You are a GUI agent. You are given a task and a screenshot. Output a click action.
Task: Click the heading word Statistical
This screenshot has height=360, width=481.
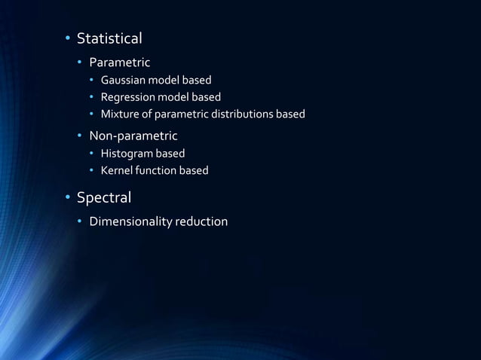[x=109, y=38]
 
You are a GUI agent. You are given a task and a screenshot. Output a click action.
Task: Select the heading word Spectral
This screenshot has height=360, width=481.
[x=104, y=198]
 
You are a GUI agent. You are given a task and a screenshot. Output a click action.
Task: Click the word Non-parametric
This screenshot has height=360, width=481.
[x=133, y=136]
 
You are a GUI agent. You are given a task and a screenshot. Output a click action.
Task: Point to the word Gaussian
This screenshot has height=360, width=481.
[x=124, y=80]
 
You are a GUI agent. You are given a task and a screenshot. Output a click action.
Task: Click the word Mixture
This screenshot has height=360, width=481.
[x=121, y=114]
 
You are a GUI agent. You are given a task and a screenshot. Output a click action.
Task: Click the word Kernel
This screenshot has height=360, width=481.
[x=117, y=171]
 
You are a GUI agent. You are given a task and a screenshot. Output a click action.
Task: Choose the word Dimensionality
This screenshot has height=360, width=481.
[x=130, y=222]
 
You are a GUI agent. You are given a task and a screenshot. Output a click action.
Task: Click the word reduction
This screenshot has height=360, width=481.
[x=201, y=222]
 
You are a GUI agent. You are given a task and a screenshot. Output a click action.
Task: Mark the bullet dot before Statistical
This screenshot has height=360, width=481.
[x=66, y=38]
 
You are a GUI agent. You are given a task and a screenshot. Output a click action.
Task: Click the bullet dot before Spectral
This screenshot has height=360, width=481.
[x=66, y=199]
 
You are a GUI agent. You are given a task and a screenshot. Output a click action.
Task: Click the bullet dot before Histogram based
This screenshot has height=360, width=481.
[x=93, y=154]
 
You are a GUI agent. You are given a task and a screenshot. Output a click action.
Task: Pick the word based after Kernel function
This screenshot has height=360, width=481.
[x=194, y=171]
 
